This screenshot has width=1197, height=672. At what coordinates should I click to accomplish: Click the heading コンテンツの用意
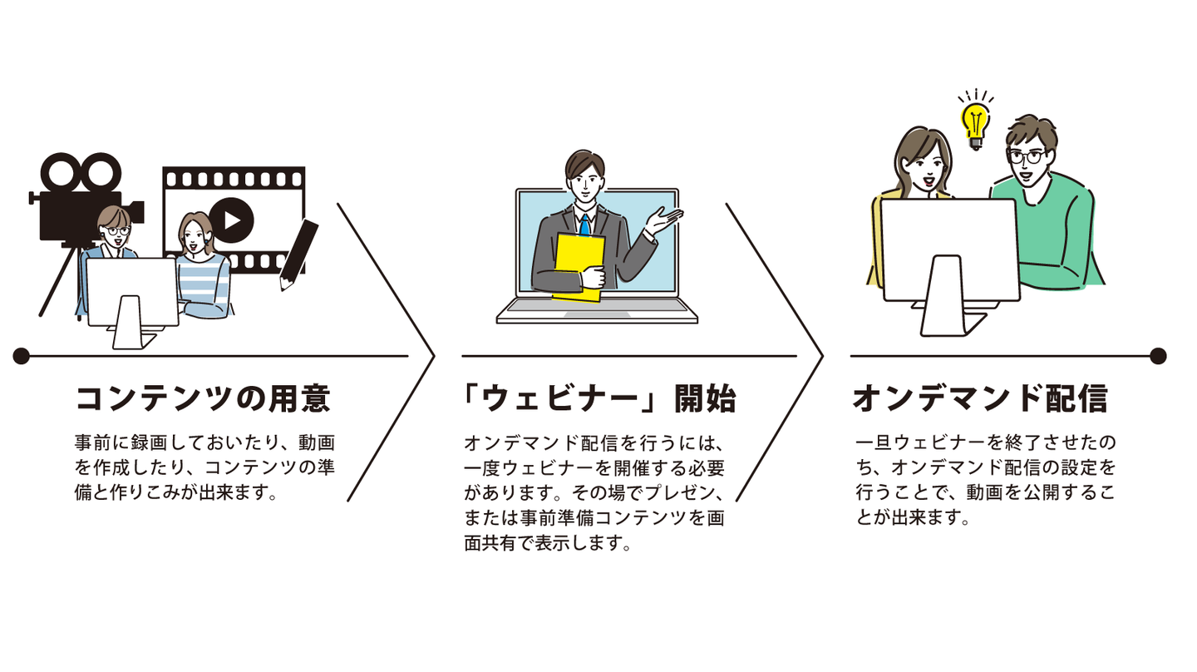point(203,399)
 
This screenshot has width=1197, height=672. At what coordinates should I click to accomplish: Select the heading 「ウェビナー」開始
point(599,399)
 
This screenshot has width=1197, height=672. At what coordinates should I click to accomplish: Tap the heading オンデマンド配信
point(980,399)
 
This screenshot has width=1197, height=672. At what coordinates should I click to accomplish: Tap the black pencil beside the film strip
point(299,254)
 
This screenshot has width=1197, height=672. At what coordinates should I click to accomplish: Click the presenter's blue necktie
point(585,225)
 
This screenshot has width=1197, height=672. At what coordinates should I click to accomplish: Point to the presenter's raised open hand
point(665,220)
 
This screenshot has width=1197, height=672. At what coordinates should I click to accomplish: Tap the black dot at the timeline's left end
point(22,356)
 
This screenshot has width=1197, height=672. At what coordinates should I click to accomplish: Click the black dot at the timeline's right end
point(1158,356)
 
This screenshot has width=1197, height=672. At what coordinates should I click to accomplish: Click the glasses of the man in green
point(1024,156)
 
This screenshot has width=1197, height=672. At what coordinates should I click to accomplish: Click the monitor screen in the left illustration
point(131,289)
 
